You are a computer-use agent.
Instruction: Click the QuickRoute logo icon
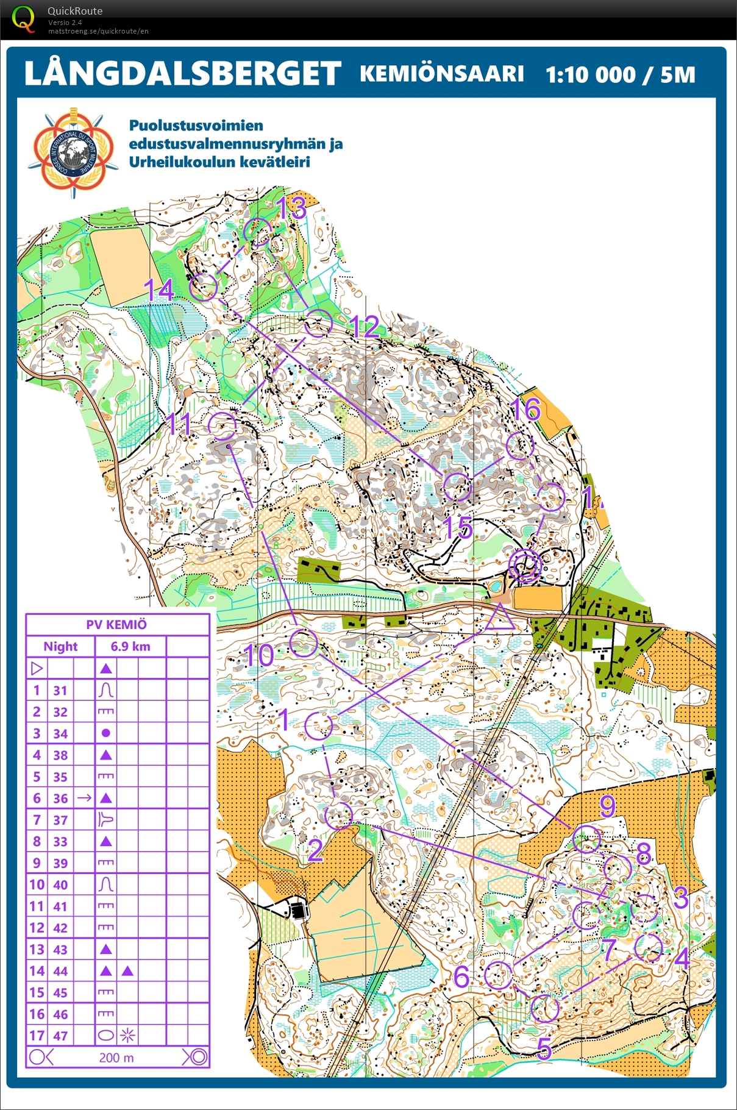pyautogui.click(x=23, y=18)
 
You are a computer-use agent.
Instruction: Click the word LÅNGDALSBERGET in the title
pyautogui.click(x=182, y=74)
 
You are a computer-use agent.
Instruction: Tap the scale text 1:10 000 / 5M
pyautogui.click(x=620, y=74)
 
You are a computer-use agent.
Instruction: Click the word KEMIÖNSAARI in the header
pyautogui.click(x=441, y=74)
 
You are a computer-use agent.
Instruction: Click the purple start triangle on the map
pyautogui.click(x=500, y=617)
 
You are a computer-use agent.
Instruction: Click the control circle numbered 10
pyautogui.click(x=303, y=642)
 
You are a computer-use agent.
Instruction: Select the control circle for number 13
pyautogui.click(x=258, y=232)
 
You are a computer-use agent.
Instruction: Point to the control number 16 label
pyautogui.click(x=526, y=410)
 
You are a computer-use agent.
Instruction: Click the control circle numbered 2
pyautogui.click(x=338, y=816)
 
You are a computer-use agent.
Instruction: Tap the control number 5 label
pyautogui.click(x=544, y=1048)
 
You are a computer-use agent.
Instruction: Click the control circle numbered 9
pyautogui.click(x=587, y=839)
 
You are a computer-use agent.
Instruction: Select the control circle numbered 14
pyautogui.click(x=203, y=286)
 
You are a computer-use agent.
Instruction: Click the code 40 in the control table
pyautogui.click(x=60, y=884)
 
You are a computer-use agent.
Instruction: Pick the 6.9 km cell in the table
pyautogui.click(x=130, y=646)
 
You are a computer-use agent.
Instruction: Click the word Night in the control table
pyautogui.click(x=60, y=646)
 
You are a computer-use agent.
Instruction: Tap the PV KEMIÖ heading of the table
pyautogui.click(x=116, y=624)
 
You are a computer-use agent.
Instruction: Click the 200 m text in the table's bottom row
pyautogui.click(x=116, y=1058)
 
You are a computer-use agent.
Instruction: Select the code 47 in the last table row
pyautogui.click(x=60, y=1036)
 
